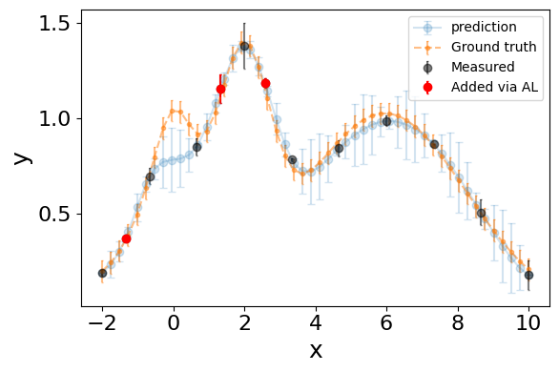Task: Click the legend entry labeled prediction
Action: [465, 27]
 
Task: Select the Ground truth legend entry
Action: [475, 47]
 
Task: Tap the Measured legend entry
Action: [464, 67]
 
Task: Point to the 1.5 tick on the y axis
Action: [53, 24]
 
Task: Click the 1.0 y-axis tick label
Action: [53, 118]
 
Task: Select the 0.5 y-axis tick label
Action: [53, 215]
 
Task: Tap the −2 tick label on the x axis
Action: [102, 322]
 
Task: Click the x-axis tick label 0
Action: [174, 322]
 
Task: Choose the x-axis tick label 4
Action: [316, 322]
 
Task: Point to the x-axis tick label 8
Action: [458, 322]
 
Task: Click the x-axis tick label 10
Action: [528, 322]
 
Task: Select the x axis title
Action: [316, 351]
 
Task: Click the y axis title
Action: [22, 158]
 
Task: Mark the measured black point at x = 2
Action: [244, 47]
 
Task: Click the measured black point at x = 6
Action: [386, 122]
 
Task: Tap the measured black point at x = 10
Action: [528, 275]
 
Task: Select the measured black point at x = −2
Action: [102, 274]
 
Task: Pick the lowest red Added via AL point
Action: [126, 238]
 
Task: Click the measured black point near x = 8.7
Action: [482, 213]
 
